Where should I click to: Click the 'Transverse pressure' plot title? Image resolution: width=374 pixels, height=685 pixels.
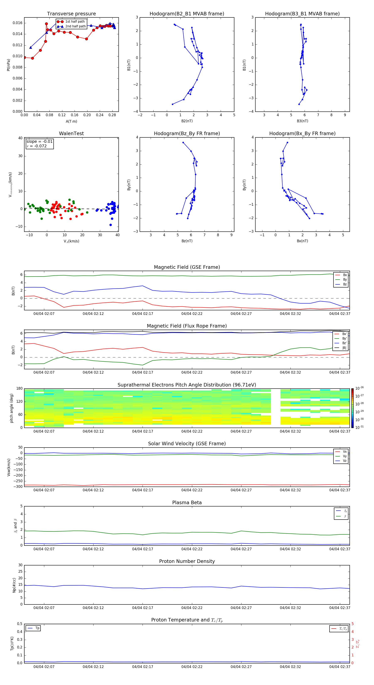(71, 14)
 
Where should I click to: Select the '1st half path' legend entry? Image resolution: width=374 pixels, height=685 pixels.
(75, 22)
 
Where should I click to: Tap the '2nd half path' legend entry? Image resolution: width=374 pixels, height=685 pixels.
(75, 26)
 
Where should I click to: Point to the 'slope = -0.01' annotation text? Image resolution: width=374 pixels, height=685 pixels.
(39, 142)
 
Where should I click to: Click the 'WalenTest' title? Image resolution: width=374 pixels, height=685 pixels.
(71, 133)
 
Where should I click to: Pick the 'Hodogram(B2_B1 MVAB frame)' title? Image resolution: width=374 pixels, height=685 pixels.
(187, 14)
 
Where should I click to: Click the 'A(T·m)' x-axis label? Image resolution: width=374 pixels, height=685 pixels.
(71, 121)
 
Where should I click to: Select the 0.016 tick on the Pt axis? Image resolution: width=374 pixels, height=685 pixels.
(18, 23)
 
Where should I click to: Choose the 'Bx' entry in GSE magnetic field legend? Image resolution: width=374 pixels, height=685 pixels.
(345, 275)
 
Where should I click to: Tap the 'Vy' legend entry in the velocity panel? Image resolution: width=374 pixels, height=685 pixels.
(344, 456)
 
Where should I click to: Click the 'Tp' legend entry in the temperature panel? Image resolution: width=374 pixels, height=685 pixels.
(37, 628)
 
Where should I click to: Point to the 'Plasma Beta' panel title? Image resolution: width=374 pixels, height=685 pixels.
(187, 503)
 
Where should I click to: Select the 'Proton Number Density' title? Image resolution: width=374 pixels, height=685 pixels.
(187, 561)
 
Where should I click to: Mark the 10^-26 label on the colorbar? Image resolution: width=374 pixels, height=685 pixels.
(359, 388)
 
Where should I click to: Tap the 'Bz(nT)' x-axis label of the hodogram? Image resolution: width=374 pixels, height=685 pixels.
(187, 241)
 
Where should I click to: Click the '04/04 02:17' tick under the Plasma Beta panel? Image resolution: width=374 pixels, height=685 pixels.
(142, 549)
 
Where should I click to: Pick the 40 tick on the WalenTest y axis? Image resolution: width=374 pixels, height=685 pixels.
(20, 138)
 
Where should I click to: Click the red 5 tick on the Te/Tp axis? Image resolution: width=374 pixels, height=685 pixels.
(352, 624)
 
